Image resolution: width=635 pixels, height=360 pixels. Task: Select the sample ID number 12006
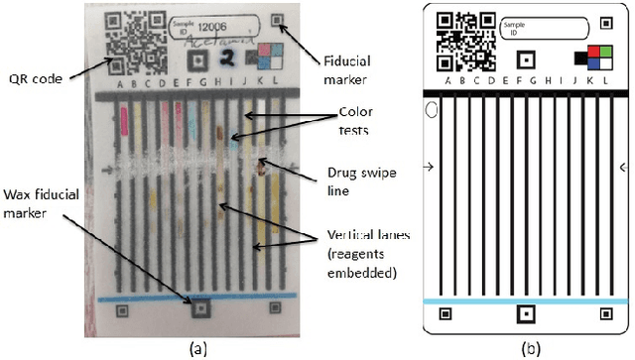point(213,33)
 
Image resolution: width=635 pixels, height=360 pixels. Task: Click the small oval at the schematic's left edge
point(431,111)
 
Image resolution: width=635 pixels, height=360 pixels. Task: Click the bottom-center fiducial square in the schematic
point(524,314)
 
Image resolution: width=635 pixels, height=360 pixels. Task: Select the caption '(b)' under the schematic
point(526,348)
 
